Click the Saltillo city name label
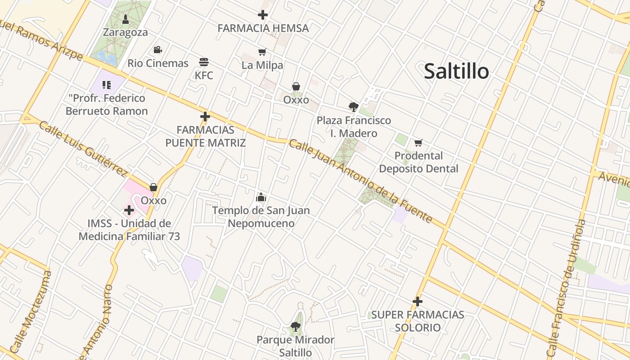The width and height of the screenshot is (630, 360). pyautogui.click(x=456, y=71)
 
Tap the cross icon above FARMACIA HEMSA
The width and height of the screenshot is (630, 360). pyautogui.click(x=263, y=15)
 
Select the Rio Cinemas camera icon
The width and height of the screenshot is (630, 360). pyautogui.click(x=157, y=50)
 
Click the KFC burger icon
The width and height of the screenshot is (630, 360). pyautogui.click(x=204, y=62)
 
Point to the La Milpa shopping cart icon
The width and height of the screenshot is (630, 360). pyautogui.click(x=262, y=52)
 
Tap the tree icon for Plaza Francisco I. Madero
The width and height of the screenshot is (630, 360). pyautogui.click(x=354, y=107)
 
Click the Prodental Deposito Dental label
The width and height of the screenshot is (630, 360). pyautogui.click(x=418, y=162)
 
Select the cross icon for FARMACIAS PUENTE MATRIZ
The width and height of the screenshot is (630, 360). pyautogui.click(x=205, y=117)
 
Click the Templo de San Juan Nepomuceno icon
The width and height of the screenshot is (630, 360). pyautogui.click(x=261, y=197)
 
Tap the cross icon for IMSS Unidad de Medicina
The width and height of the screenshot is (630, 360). pyautogui.click(x=129, y=210)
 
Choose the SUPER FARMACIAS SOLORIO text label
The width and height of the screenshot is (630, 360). pyautogui.click(x=418, y=321)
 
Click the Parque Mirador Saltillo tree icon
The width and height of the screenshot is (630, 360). pyautogui.click(x=295, y=326)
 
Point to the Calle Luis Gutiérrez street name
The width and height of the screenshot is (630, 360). pyautogui.click(x=83, y=148)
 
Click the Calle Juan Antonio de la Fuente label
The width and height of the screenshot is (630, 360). pyautogui.click(x=360, y=181)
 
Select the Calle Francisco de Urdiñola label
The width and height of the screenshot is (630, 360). pyautogui.click(x=566, y=288)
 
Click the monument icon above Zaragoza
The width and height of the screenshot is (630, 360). pyautogui.click(x=126, y=19)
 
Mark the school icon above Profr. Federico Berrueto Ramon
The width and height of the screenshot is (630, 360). pyautogui.click(x=107, y=85)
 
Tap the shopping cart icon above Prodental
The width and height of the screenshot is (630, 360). pyautogui.click(x=418, y=143)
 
